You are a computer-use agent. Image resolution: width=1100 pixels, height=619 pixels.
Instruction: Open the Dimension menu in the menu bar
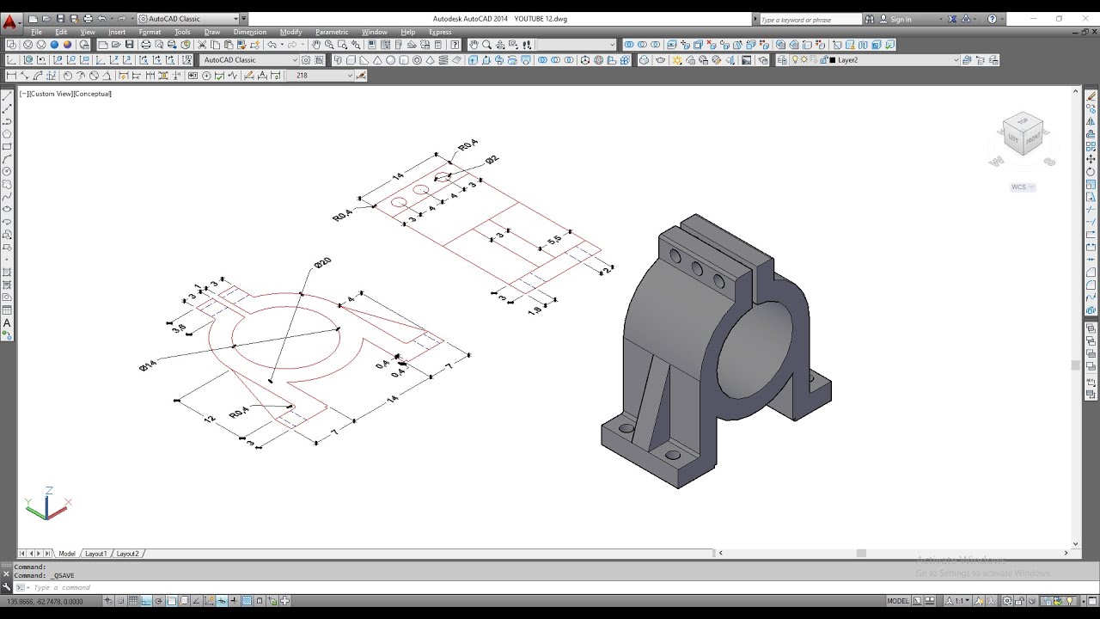click(249, 32)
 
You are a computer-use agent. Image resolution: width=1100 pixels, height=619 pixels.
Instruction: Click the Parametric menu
click(331, 32)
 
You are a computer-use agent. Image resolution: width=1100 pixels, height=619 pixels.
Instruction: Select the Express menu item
click(440, 32)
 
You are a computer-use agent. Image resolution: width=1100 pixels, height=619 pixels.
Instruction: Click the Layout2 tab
click(127, 554)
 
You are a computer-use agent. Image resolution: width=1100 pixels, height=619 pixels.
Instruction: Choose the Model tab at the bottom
click(67, 554)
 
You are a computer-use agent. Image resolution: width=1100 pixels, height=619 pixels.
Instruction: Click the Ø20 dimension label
click(322, 262)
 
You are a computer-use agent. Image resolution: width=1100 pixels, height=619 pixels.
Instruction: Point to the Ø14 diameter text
click(148, 365)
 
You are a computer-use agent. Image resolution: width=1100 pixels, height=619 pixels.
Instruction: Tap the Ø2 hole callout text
click(492, 160)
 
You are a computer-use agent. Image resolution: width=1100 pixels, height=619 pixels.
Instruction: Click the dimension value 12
click(209, 419)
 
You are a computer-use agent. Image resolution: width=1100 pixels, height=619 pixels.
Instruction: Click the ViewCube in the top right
click(1022, 136)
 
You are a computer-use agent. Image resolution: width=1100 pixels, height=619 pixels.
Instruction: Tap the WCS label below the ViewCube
click(1019, 187)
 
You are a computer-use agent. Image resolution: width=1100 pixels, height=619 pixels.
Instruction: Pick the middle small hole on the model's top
click(696, 270)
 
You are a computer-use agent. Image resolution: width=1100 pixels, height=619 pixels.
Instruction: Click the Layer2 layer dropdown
click(894, 60)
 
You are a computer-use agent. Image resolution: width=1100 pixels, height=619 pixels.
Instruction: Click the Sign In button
click(901, 19)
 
